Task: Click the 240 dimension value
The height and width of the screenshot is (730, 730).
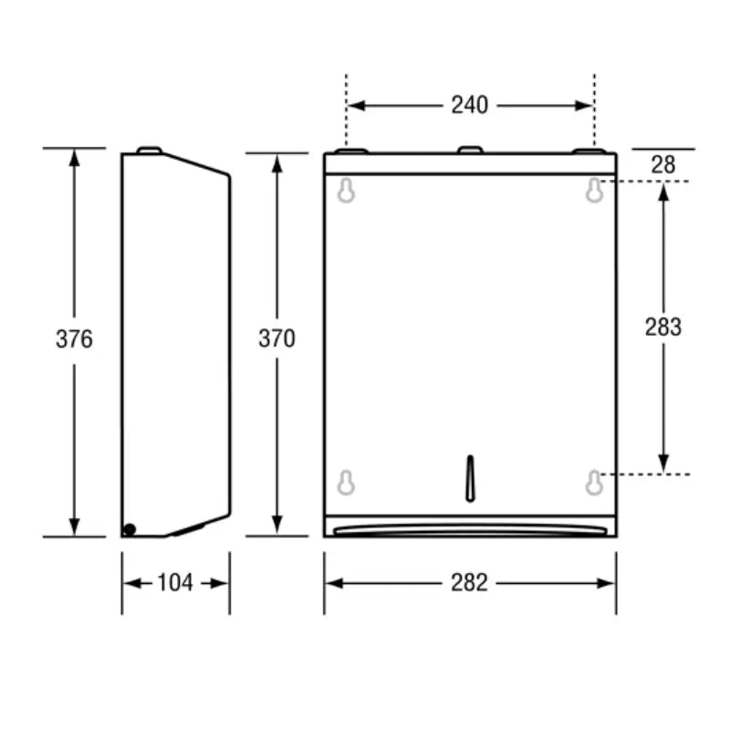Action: [x=469, y=105]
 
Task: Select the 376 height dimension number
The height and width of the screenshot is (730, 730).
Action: [x=74, y=339]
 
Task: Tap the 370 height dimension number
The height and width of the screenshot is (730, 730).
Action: [x=277, y=339]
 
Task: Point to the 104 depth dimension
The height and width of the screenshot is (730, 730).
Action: [x=175, y=583]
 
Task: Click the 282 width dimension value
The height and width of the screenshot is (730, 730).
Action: [x=469, y=583]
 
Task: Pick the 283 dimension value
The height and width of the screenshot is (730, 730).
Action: [x=663, y=327]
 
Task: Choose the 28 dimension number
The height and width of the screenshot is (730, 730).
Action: [x=663, y=165]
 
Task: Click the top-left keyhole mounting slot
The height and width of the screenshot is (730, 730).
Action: [x=346, y=191]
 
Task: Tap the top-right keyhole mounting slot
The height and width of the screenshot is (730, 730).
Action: [x=595, y=191]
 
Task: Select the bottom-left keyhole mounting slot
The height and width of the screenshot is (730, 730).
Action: [x=346, y=483]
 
